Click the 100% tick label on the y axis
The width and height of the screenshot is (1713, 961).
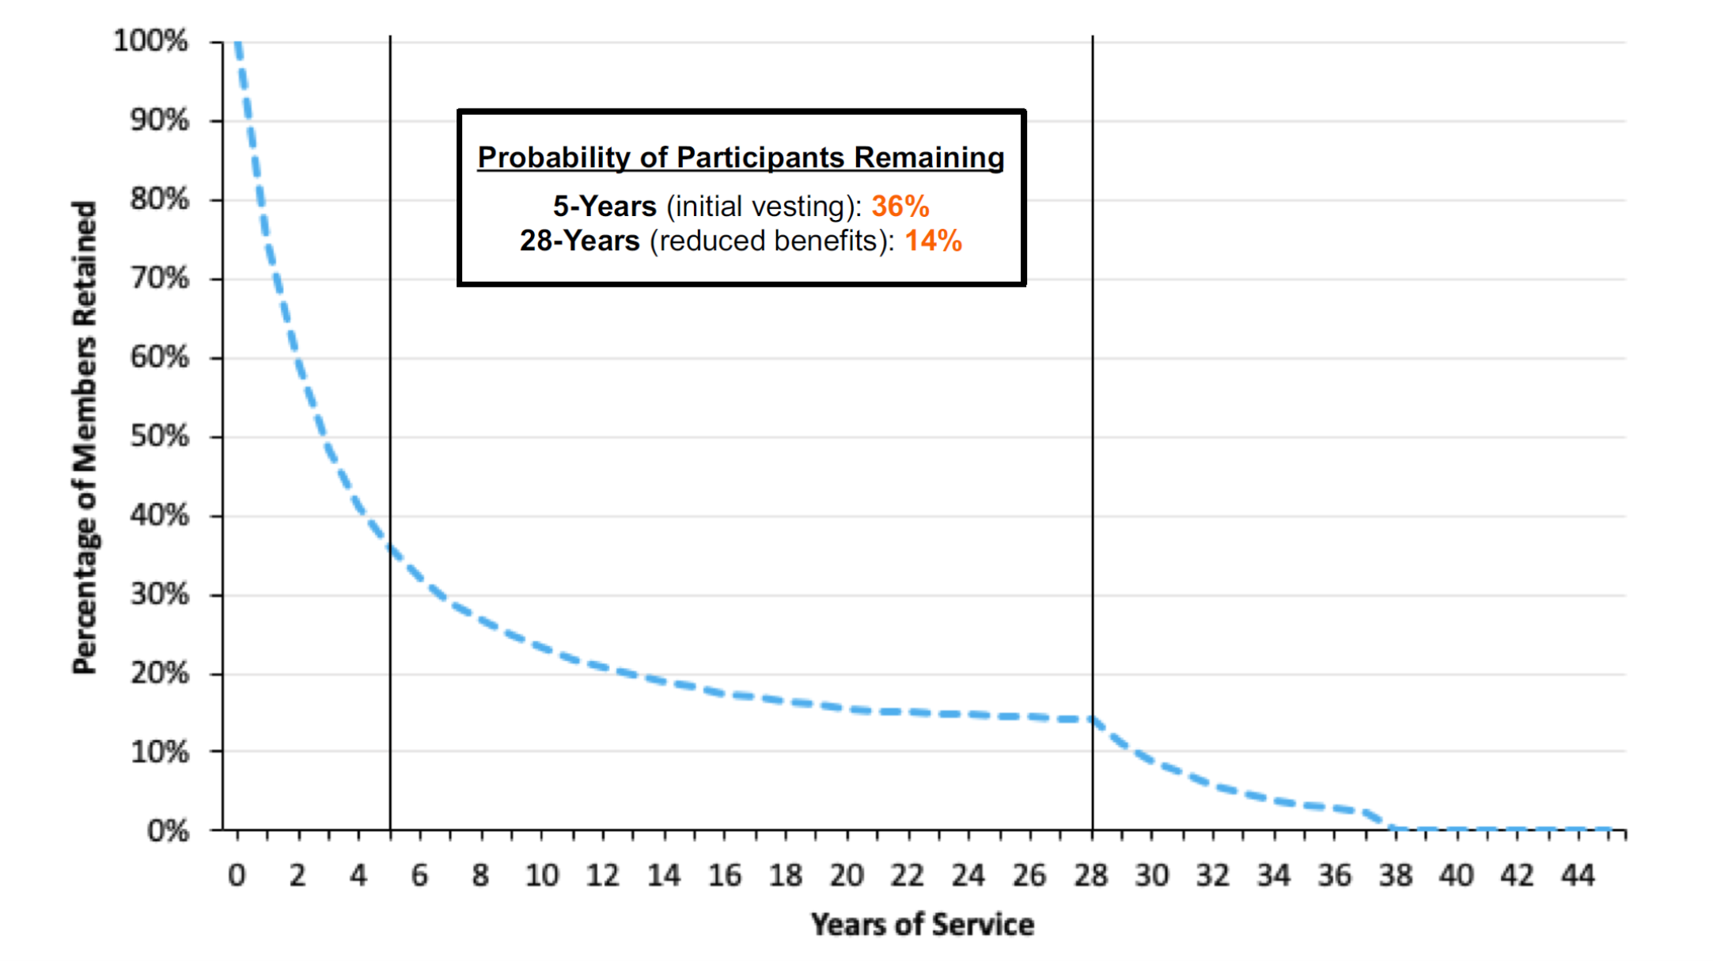[x=150, y=40]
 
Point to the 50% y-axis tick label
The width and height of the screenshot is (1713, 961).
[x=160, y=436]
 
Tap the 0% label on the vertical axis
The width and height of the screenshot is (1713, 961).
[x=168, y=830]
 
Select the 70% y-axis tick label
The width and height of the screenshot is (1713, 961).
[x=160, y=278]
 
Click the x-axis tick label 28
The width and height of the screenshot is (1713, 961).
[x=1090, y=876]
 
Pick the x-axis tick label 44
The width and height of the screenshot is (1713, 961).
[x=1577, y=876]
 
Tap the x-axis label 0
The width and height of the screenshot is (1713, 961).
[x=237, y=876]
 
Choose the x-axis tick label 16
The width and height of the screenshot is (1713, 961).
[x=724, y=876]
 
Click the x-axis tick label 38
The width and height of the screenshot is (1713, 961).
[x=1395, y=876]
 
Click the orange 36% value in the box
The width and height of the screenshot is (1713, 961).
[x=900, y=207]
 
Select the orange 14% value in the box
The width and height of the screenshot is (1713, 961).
[x=933, y=241]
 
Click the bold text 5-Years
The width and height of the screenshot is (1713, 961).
[x=604, y=207]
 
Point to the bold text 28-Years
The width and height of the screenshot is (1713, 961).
[x=579, y=241]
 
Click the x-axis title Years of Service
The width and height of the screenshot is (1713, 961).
[x=922, y=925]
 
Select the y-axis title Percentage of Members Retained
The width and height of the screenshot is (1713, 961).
[x=84, y=437]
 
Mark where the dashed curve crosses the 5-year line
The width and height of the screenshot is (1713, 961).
[x=390, y=548]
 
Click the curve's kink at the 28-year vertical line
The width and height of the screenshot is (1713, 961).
[x=1093, y=719]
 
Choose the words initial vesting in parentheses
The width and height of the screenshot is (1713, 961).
[x=760, y=207]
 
